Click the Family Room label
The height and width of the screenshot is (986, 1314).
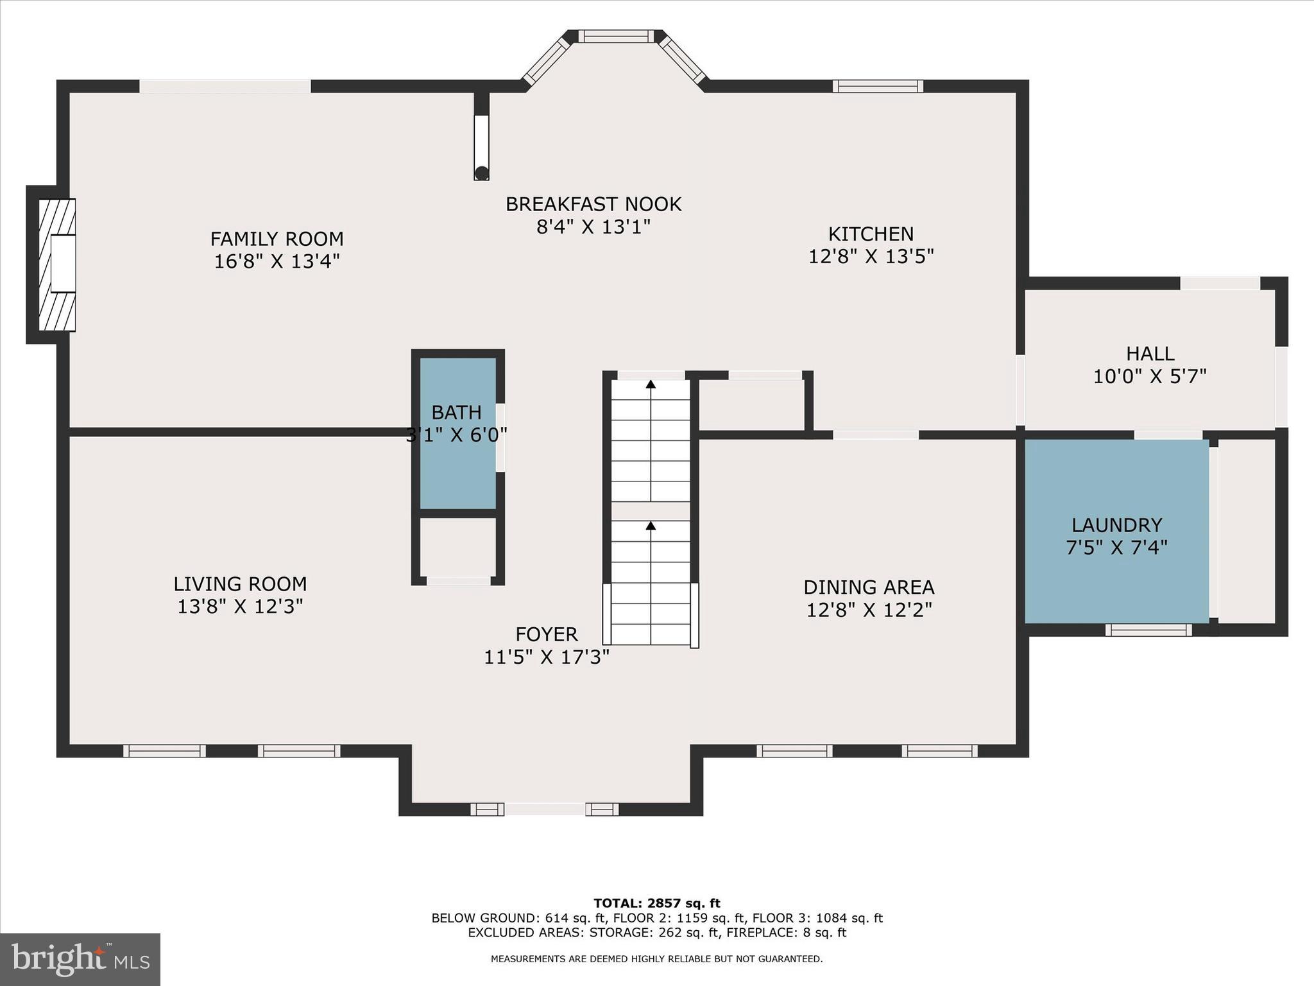(277, 239)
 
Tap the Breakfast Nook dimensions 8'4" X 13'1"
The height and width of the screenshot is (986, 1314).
(593, 227)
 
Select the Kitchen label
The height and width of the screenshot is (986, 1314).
(871, 234)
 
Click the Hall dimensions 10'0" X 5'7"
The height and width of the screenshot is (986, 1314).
(1150, 376)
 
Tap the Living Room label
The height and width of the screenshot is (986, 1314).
(240, 584)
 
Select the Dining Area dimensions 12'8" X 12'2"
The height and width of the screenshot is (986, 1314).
(869, 610)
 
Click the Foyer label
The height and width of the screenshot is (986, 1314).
(547, 634)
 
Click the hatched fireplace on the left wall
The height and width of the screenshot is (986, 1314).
(56, 264)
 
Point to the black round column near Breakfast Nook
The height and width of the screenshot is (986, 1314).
(481, 173)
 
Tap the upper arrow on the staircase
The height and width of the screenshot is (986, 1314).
(651, 385)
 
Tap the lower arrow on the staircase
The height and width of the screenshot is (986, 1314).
(651, 526)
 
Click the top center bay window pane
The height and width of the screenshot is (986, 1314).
(617, 37)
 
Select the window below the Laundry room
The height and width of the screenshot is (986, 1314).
(1148, 630)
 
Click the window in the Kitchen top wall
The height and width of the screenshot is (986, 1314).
(878, 86)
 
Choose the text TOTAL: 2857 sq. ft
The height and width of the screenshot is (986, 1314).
(656, 904)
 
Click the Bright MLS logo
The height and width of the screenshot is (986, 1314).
(80, 960)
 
